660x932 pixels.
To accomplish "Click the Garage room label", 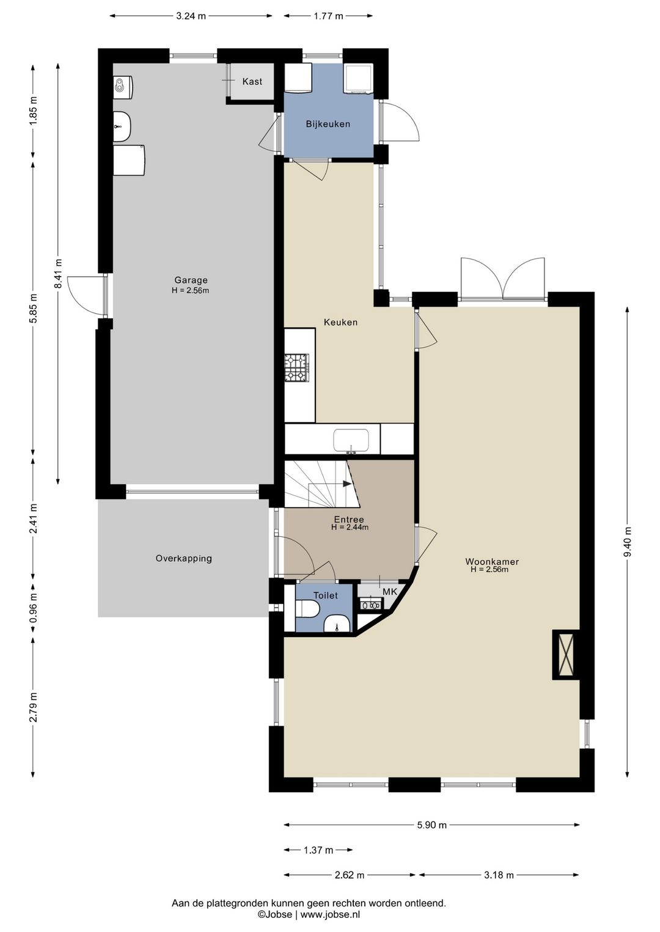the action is point(191,280).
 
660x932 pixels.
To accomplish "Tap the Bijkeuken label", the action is point(328,124).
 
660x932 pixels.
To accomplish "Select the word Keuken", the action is point(340,322).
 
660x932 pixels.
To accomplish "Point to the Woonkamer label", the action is point(492,562).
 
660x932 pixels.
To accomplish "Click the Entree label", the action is point(348,520).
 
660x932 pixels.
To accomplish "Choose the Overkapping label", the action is point(183,558).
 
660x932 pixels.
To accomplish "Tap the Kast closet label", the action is point(252,82).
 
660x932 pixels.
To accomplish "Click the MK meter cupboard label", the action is point(390,591).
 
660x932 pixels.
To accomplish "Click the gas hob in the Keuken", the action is point(296,368).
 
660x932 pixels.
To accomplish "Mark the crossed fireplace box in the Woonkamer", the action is point(565,655).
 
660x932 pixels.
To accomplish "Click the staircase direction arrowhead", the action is point(346,484).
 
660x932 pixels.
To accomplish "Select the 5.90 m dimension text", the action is point(432,825).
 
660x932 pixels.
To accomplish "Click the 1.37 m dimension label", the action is point(318,850).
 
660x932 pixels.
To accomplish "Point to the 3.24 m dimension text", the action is point(191,16).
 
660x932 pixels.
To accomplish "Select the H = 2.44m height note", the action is point(350,528).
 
